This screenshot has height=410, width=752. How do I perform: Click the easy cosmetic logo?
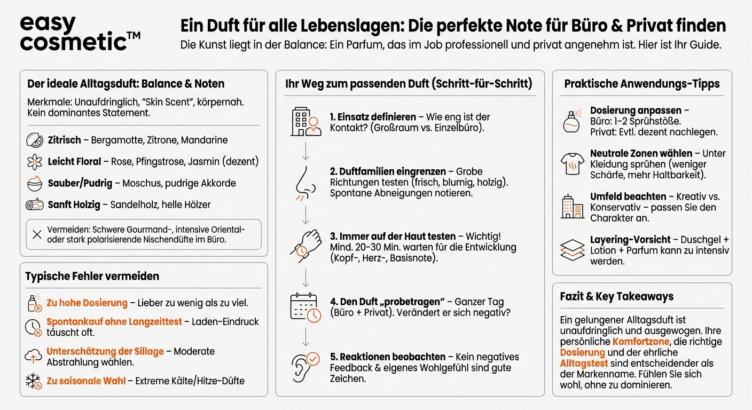80,33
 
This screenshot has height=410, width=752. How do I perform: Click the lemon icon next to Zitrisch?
34,140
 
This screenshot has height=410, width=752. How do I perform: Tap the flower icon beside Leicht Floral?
34,161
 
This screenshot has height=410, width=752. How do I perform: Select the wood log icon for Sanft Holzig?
34,204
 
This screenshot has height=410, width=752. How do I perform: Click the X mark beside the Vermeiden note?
36,234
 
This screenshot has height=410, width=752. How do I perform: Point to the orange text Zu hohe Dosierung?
87,303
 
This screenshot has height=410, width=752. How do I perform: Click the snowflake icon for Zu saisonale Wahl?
34,381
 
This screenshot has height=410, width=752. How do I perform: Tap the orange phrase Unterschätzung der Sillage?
105,351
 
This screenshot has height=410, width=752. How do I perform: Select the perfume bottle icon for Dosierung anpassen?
571,121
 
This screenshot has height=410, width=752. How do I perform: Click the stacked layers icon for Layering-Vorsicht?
572,249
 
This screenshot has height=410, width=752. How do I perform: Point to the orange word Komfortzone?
640,342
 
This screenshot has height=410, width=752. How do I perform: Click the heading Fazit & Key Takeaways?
616,296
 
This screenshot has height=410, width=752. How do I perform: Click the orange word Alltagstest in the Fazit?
584,363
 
